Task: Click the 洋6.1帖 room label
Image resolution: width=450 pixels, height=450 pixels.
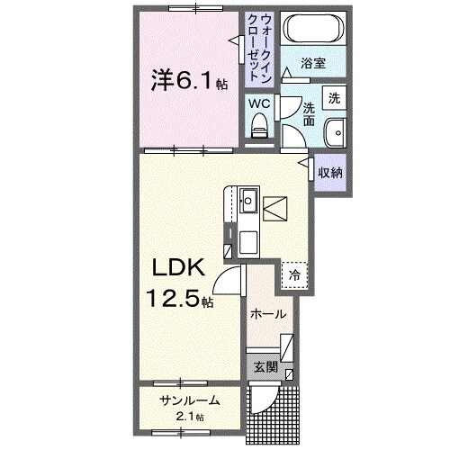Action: point(188,80)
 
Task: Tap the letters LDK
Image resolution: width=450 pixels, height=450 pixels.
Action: point(185,268)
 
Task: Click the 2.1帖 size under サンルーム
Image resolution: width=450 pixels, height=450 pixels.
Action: point(188,416)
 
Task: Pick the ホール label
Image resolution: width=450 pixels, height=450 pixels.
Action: point(268,314)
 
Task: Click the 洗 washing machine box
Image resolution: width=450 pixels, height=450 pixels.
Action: point(333,97)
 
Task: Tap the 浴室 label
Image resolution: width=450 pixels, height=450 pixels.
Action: point(311,65)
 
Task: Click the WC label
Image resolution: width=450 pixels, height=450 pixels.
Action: point(259,103)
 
